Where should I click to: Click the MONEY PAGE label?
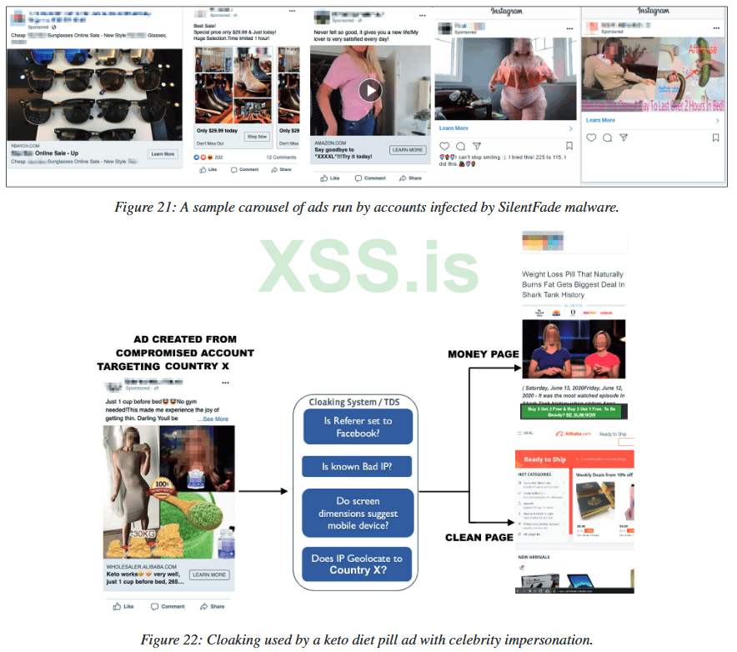tap(484, 354)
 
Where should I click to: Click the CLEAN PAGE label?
tap(479, 537)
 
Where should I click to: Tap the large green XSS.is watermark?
tap(369, 265)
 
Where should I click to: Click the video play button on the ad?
tap(369, 90)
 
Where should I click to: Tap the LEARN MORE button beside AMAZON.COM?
tap(407, 150)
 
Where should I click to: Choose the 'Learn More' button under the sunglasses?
tap(163, 154)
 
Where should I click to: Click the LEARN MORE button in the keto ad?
tap(208, 574)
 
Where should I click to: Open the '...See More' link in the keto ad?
tap(214, 419)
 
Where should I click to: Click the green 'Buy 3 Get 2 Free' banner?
tap(574, 412)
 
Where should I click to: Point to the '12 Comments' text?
tap(281, 157)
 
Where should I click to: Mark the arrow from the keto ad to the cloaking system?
tap(264, 492)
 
